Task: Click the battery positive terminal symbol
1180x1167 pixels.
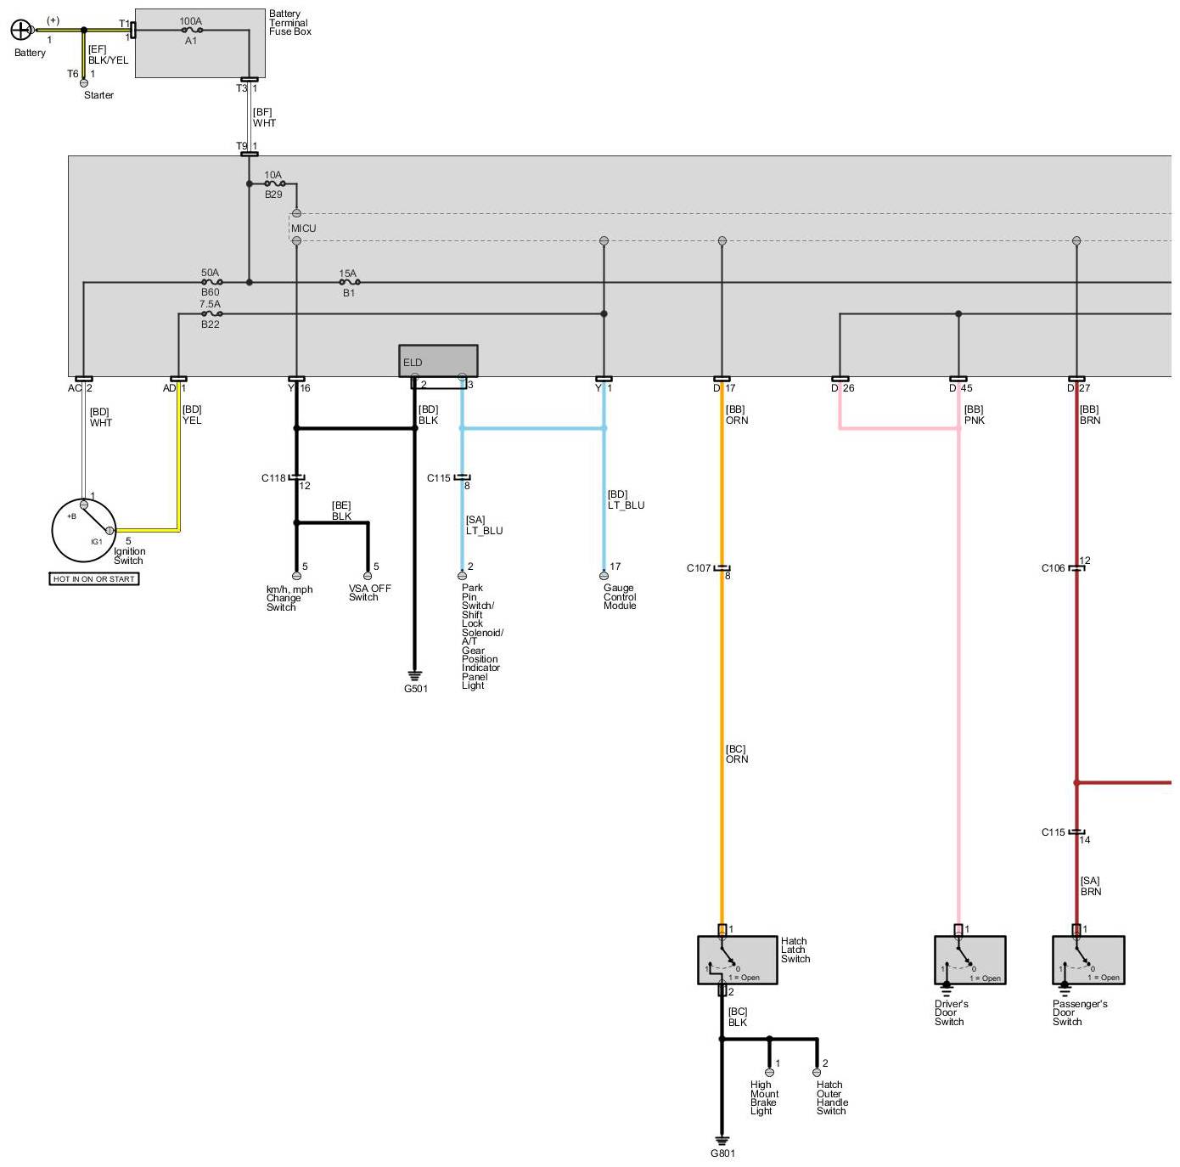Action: pyautogui.click(x=20, y=31)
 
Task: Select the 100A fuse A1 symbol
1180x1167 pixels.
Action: pyautogui.click(x=191, y=30)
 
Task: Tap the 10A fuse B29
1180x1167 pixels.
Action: pyautogui.click(x=273, y=183)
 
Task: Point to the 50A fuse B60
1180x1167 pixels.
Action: pyautogui.click(x=211, y=282)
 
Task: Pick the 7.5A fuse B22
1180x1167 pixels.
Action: pyautogui.click(x=211, y=313)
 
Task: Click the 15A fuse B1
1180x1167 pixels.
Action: pyautogui.click(x=348, y=282)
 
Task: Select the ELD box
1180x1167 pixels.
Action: pyautogui.click(x=438, y=361)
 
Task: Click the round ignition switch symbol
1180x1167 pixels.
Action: pyautogui.click(x=84, y=530)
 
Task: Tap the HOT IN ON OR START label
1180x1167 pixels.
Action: pyautogui.click(x=94, y=579)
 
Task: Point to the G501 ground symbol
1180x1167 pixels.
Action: pyautogui.click(x=415, y=677)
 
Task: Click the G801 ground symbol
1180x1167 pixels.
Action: pyautogui.click(x=722, y=1142)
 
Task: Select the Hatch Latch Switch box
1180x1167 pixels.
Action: pyautogui.click(x=737, y=960)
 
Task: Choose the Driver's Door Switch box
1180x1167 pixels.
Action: pyautogui.click(x=969, y=960)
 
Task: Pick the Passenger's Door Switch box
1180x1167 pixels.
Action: pyautogui.click(x=1088, y=960)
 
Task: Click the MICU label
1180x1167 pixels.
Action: pyautogui.click(x=303, y=228)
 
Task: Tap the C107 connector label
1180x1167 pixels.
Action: pyautogui.click(x=699, y=568)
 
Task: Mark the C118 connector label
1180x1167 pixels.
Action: pyautogui.click(x=273, y=478)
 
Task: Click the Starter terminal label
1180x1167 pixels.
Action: pyautogui.click(x=98, y=95)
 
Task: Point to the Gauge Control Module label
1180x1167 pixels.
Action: pyautogui.click(x=620, y=597)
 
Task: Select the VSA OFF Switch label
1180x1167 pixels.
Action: pyautogui.click(x=369, y=593)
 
